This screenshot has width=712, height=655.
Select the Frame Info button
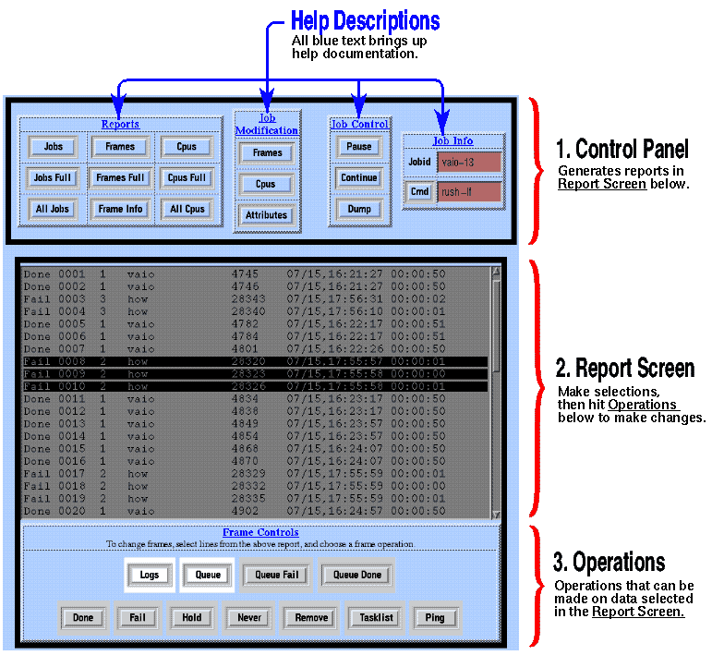click(120, 209)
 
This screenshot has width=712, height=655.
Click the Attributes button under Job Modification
click(267, 215)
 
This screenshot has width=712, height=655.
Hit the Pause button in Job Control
click(359, 147)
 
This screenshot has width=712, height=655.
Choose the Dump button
click(359, 209)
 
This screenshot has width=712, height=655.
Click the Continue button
click(359, 177)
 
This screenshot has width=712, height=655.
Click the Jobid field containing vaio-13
click(469, 163)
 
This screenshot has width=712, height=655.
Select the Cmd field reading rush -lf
click(469, 192)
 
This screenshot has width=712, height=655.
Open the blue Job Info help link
click(453, 141)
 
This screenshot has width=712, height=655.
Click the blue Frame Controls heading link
click(260, 532)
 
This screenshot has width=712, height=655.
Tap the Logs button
click(150, 575)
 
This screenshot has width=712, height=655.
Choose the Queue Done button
click(356, 575)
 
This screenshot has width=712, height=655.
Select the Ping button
click(434, 617)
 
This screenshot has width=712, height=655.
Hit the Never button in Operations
click(248, 617)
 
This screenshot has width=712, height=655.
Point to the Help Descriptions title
click(365, 20)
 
